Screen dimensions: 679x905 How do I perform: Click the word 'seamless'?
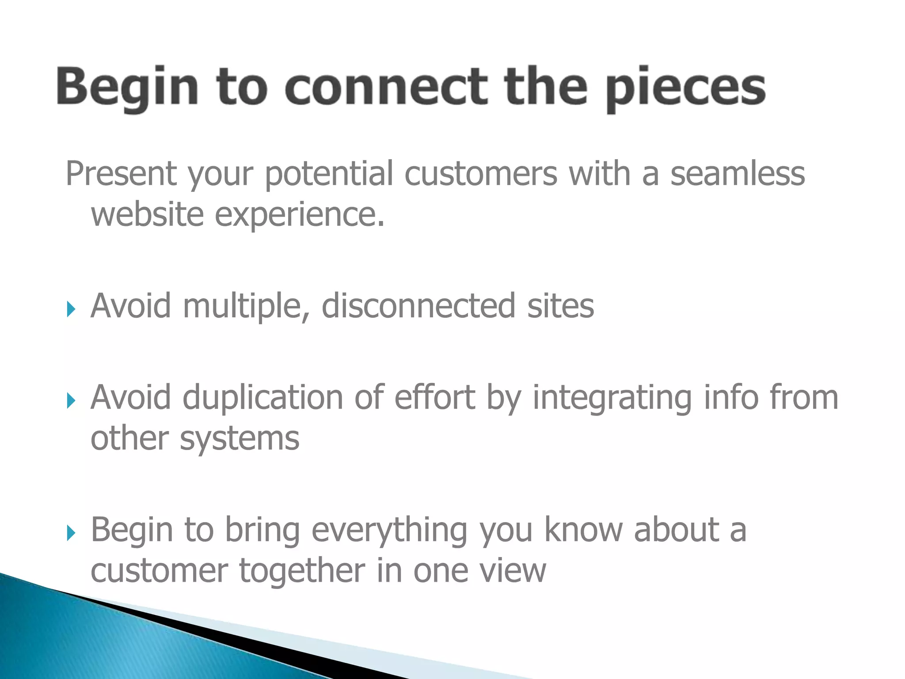(738, 173)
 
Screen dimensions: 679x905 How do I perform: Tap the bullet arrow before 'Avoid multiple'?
(71, 309)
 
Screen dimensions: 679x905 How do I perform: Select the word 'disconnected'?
(418, 306)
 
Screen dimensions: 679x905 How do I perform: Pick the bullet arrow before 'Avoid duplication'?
(71, 401)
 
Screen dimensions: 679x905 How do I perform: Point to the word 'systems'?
(239, 439)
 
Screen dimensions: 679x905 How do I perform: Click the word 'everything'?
(389, 530)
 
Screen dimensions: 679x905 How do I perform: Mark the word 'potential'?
(329, 174)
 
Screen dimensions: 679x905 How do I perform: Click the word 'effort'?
(434, 397)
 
